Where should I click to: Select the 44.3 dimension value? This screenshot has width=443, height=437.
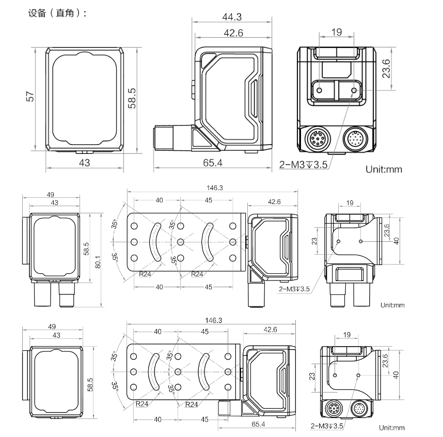tap(232, 17)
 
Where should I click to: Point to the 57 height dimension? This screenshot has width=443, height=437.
tap(30, 97)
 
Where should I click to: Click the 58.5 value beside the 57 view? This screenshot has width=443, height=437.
tap(132, 98)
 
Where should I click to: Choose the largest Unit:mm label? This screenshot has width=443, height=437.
tap(384, 169)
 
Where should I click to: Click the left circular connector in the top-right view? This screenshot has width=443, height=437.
tap(316, 139)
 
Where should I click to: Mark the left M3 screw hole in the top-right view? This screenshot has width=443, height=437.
tap(319, 90)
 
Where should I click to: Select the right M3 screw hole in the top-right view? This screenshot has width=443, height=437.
tap(354, 90)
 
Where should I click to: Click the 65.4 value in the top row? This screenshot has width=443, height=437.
tap(213, 163)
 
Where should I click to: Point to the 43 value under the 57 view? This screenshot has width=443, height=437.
tap(84, 163)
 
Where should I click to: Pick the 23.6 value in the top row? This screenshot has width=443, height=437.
tap(386, 68)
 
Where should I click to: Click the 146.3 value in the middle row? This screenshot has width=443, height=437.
tap(213, 188)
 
